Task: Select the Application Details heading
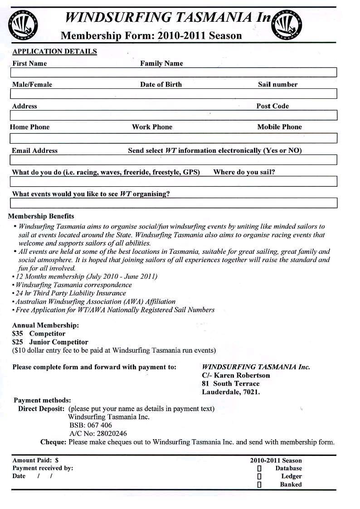[x=54, y=52]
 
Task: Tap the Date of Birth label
[x=161, y=84]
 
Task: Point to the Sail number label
[x=277, y=84]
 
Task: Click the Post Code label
[x=272, y=106]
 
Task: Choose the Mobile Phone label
[x=279, y=127]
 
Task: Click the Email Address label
[x=35, y=150]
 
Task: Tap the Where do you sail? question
[x=244, y=172]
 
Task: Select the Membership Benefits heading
[x=41, y=216]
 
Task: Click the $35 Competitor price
[x=39, y=334]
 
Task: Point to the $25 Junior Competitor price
[x=50, y=342]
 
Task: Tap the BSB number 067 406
[x=91, y=425]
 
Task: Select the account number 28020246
[x=98, y=433]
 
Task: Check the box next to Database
[x=259, y=468]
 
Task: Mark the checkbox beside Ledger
[x=259, y=476]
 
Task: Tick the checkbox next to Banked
[x=259, y=485]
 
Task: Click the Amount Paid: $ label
[x=35, y=460]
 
